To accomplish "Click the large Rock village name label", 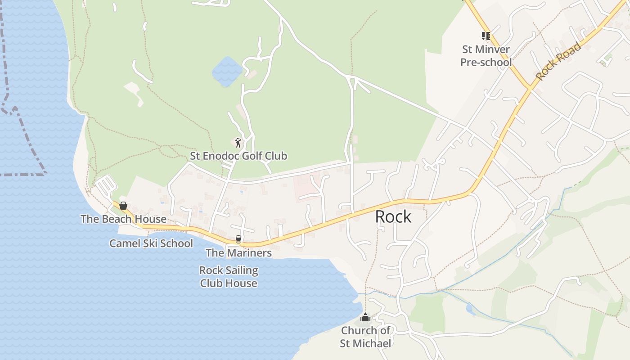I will pyautogui.click(x=393, y=217).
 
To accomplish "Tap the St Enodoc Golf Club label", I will pyautogui.click(x=238, y=156).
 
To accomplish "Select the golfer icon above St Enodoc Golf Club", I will pyautogui.click(x=238, y=143).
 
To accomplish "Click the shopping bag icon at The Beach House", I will pyautogui.click(x=123, y=206).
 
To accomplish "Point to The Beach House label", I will pyautogui.click(x=123, y=219).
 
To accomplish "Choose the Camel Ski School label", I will pyautogui.click(x=151, y=243).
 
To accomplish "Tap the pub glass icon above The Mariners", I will pyautogui.click(x=238, y=239).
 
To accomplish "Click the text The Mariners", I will pyautogui.click(x=238, y=253).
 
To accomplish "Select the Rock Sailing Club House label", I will pyautogui.click(x=229, y=277).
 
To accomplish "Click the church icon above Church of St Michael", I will pyautogui.click(x=365, y=318).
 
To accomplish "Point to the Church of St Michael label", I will pyautogui.click(x=365, y=337).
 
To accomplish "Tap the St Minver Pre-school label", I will pyautogui.click(x=486, y=56).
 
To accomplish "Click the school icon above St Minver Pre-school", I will pyautogui.click(x=486, y=36).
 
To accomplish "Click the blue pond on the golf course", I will pyautogui.click(x=227, y=72).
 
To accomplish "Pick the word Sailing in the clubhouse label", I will pyautogui.click(x=242, y=270).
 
